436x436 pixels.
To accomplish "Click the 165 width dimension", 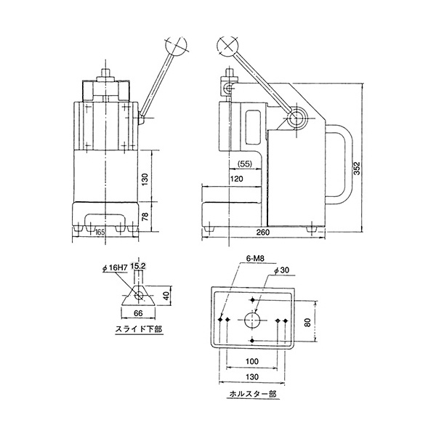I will tap(100, 232).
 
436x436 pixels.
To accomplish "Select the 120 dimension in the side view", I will tap(236, 179).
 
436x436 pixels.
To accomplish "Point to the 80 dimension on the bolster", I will tap(307, 321).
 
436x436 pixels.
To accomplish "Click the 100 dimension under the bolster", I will tap(251, 362).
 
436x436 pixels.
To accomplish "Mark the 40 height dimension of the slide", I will tap(166, 296).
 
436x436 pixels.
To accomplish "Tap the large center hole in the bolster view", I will tap(251, 320).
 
